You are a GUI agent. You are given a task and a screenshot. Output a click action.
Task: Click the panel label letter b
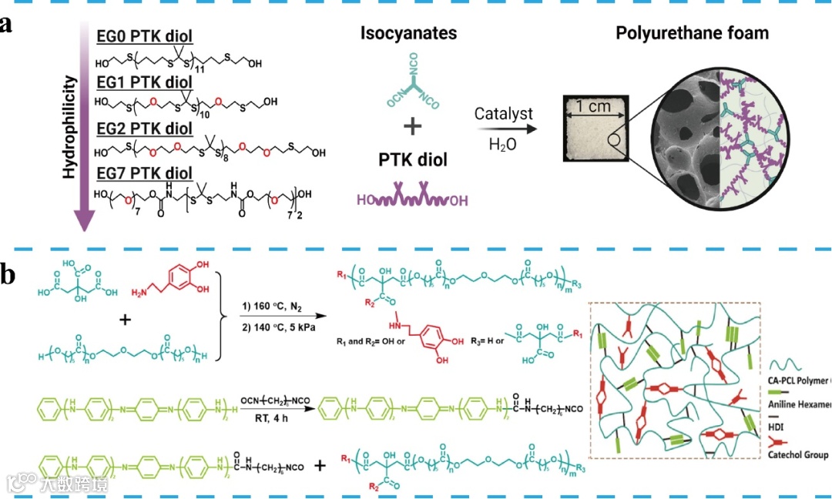tap(8, 274)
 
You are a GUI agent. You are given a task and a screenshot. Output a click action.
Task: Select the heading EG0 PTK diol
tap(144, 36)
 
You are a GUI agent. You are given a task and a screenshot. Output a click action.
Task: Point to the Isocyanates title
tap(408, 33)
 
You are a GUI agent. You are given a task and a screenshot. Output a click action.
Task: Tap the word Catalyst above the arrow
tap(503, 114)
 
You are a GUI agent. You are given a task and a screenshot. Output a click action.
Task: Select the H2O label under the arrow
tap(502, 144)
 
